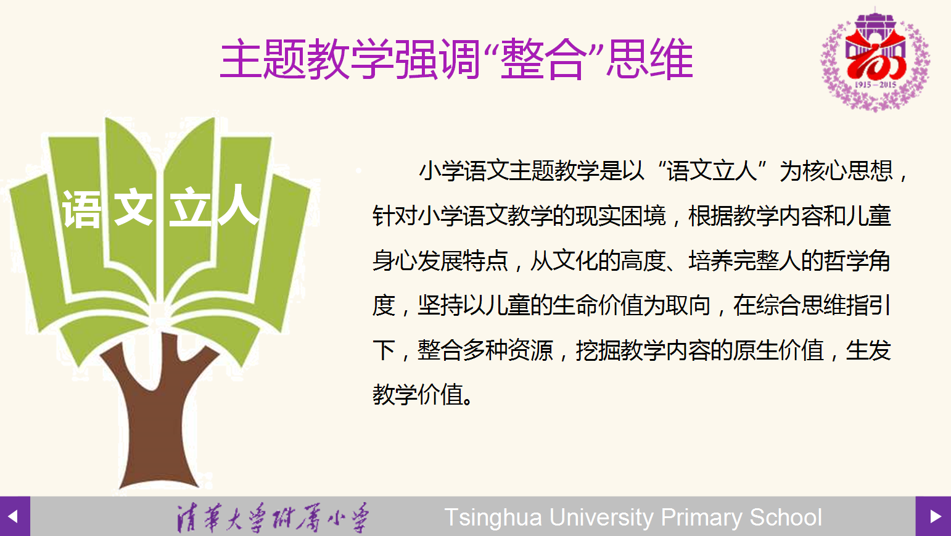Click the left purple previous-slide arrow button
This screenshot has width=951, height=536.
(15, 516)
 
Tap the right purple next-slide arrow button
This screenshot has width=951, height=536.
(933, 516)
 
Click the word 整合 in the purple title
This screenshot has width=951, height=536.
(543, 59)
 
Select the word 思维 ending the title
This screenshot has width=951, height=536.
(649, 59)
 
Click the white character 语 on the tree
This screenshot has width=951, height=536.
(82, 209)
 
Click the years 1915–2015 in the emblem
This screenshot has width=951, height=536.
(875, 85)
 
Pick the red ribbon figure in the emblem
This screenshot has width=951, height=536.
(875, 56)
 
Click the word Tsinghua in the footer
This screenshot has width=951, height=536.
(493, 517)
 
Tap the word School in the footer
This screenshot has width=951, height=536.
(786, 517)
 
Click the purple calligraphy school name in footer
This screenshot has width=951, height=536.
(273, 517)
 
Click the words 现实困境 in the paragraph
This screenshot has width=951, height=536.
(620, 216)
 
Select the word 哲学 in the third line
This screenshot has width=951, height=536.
(845, 260)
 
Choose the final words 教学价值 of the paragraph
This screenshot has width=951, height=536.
(418, 395)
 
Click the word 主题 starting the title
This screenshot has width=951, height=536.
(263, 59)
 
